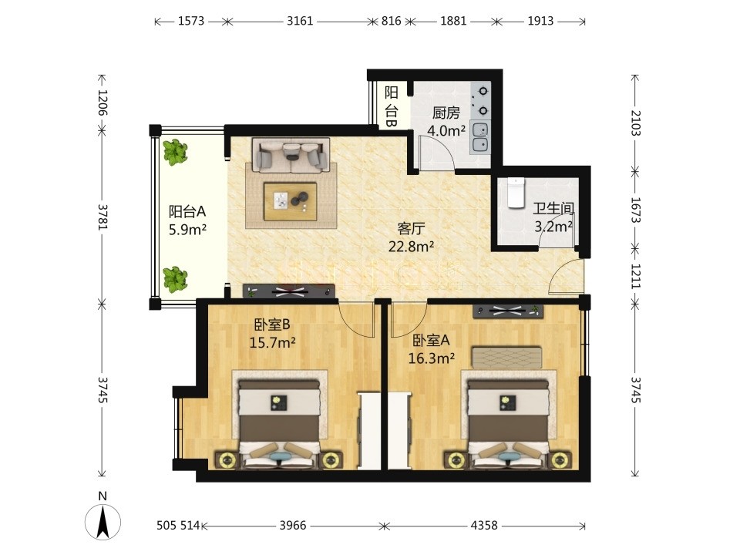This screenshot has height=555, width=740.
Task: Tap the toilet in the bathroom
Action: [516, 193]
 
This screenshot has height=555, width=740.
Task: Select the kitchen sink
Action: [480, 137]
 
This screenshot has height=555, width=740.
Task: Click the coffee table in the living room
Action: [291, 201]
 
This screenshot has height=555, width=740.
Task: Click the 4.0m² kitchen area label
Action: [446, 130]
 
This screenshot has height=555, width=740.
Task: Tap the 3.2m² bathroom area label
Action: [553, 227]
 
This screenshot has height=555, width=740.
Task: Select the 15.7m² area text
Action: [272, 342]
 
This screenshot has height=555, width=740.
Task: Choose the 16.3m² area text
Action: [432, 358]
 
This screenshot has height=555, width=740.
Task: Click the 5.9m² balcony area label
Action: [188, 230]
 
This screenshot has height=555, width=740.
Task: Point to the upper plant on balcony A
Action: [175, 152]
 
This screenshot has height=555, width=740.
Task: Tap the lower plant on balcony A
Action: [175, 279]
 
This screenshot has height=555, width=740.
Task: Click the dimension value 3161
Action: [300, 21]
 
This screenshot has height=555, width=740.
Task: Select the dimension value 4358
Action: [484, 525]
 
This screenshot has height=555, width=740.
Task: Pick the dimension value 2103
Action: [635, 123]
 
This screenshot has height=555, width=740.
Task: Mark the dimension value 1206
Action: [103, 103]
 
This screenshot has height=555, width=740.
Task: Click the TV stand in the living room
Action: [289, 291]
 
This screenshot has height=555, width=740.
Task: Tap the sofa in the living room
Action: [291, 155]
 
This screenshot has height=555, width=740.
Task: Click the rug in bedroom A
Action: [507, 357]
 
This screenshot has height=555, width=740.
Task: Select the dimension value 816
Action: [392, 21]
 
